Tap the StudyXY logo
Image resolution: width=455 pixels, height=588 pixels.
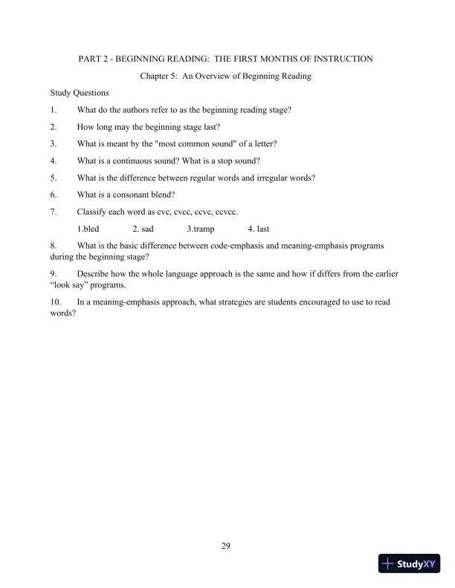412,564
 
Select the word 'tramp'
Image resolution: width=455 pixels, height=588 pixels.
202,229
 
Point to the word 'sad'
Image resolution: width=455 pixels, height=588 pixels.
147,229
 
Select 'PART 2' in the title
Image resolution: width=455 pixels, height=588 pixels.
95,58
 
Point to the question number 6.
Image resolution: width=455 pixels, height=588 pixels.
53,195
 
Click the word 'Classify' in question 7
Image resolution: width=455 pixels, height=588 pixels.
91,212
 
